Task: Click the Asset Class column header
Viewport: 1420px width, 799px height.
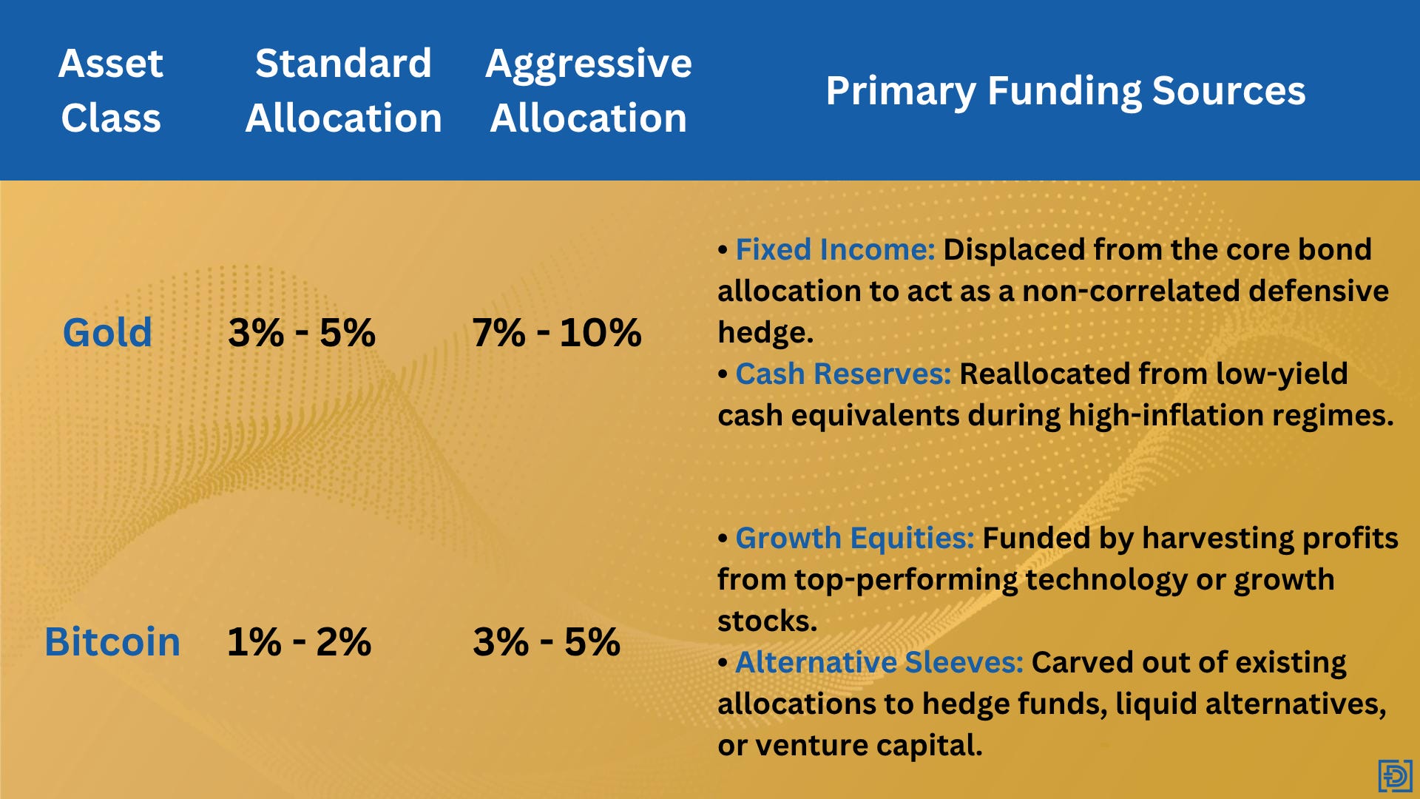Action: pos(111,90)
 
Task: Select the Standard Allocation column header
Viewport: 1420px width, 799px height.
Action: pos(344,90)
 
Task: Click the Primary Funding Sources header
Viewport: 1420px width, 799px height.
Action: pos(1066,91)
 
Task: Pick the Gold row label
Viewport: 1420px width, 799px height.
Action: pos(107,332)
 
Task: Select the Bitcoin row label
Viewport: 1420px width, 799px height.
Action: pos(112,641)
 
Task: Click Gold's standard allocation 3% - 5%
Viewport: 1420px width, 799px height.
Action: pos(302,332)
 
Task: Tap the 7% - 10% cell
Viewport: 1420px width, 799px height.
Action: pos(557,332)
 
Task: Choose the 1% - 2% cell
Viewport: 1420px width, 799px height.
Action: pos(299,641)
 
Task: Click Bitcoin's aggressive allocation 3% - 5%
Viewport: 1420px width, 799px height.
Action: pos(547,641)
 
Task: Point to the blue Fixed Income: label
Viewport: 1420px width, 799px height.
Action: pos(836,249)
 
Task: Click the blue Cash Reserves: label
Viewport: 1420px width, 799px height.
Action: pos(843,374)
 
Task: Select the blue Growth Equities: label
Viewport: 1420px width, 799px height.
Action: pos(855,539)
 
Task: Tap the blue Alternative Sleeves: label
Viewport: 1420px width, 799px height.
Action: pos(879,662)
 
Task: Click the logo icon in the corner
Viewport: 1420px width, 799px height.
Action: pos(1396,776)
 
